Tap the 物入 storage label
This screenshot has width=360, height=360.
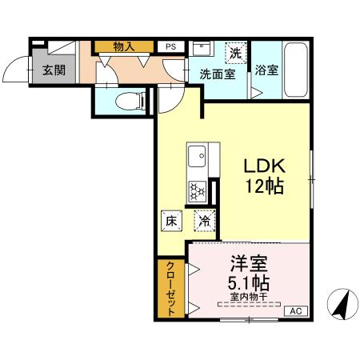point(124,46)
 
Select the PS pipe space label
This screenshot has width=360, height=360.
point(170,46)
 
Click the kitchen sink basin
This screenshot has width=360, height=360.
point(197,154)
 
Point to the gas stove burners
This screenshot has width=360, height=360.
point(197,190)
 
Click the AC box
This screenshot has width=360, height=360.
point(294,311)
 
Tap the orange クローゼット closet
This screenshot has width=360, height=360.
point(170,288)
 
